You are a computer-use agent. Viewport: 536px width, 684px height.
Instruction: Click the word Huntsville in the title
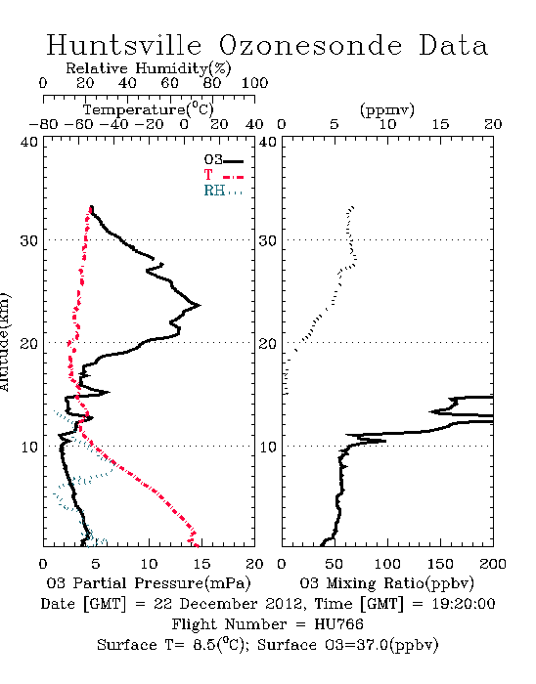[124, 45]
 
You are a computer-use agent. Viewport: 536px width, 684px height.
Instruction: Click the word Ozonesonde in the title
[310, 46]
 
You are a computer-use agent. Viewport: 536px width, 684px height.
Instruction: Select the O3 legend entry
[224, 160]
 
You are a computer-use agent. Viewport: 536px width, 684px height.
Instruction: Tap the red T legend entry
[223, 175]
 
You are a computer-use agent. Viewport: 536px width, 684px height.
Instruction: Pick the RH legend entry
[223, 191]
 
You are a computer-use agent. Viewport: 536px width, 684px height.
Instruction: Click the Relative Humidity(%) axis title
[149, 68]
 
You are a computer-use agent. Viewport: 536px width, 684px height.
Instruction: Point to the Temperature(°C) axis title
[149, 109]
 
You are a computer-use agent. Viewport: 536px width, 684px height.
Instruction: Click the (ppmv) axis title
[387, 109]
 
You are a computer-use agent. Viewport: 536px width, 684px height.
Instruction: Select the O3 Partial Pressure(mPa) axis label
[149, 583]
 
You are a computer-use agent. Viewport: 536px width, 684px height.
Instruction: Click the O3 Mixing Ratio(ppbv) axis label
[386, 583]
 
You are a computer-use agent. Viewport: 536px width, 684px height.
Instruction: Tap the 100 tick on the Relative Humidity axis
[254, 83]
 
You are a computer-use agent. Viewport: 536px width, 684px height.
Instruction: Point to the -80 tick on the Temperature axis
[43, 124]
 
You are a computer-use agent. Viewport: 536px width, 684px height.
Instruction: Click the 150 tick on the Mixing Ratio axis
[440, 564]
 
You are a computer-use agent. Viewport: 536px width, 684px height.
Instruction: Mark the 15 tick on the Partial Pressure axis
[201, 564]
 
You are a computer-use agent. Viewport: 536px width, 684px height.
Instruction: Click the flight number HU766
[338, 624]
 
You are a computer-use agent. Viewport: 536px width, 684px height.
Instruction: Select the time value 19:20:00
[464, 604]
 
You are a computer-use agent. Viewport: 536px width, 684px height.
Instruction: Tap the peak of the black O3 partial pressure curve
[200, 305]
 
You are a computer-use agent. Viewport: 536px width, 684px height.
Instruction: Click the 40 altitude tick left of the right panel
[268, 143]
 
